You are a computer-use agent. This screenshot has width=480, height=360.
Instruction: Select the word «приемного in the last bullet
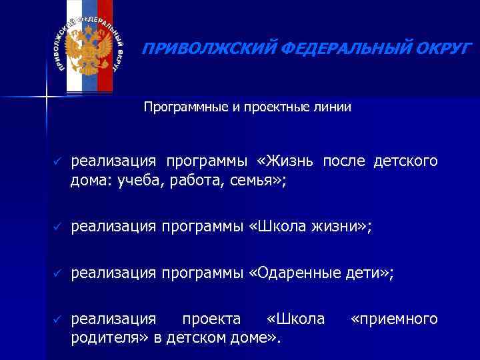[394, 319]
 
